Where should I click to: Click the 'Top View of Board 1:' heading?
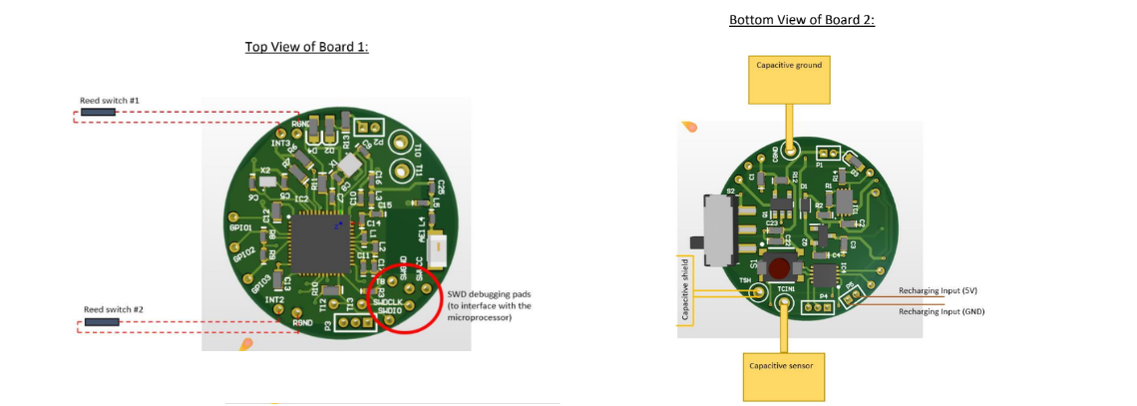point(306,47)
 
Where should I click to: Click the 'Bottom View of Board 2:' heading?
point(801,20)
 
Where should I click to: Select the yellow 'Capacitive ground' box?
point(788,79)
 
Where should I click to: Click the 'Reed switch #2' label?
point(113,309)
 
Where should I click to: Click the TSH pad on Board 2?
point(760,292)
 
